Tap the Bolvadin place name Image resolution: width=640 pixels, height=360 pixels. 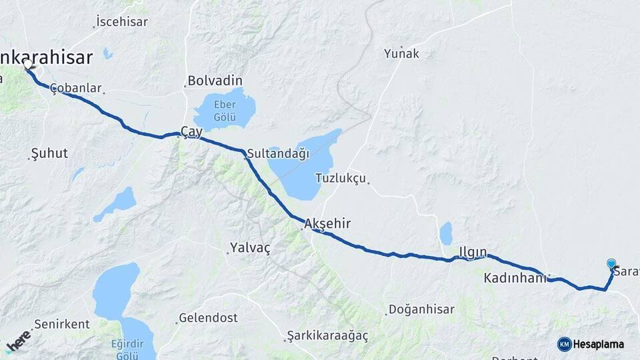tap(215, 81)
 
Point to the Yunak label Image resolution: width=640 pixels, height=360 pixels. tap(401, 53)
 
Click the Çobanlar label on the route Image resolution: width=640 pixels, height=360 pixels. tap(76, 88)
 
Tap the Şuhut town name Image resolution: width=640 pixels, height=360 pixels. tap(50, 153)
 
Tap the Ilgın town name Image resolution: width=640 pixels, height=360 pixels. tap(473, 252)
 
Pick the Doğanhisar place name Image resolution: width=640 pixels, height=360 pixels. tap(421, 309)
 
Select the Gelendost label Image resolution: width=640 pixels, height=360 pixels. tap(208, 319)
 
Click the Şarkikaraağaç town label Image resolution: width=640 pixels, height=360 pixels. tap(327, 335)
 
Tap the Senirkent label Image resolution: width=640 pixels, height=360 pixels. tap(61, 325)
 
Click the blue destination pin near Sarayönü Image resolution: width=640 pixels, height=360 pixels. tap(611, 264)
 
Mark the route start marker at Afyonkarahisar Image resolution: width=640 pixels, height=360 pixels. tap(28, 65)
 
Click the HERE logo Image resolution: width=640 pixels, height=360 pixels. tap(18, 341)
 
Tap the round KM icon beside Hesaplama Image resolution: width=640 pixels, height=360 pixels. tap(565, 344)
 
